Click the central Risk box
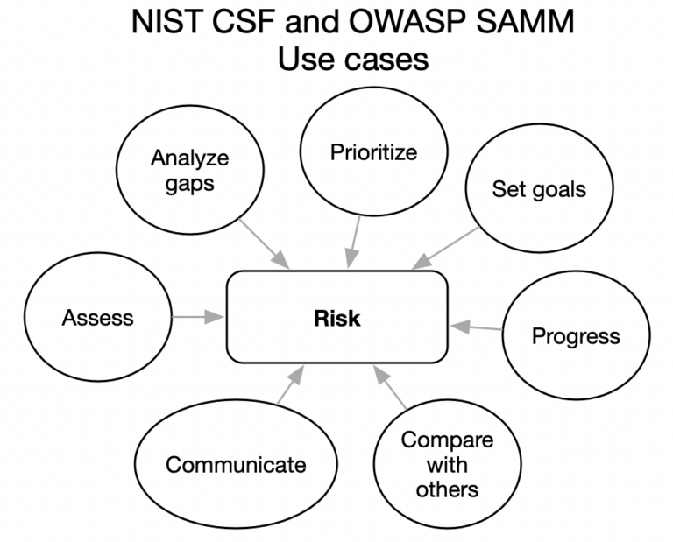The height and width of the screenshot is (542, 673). pyautogui.click(x=337, y=317)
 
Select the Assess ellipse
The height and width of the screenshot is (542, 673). pyautogui.click(x=98, y=317)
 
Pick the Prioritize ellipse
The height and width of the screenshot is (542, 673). pyautogui.click(x=373, y=152)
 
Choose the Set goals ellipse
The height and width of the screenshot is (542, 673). pyautogui.click(x=538, y=189)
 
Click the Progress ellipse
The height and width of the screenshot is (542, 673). pyautogui.click(x=576, y=336)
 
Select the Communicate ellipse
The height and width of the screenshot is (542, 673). pyautogui.click(x=237, y=464)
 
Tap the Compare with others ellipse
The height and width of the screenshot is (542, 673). pyautogui.click(x=447, y=464)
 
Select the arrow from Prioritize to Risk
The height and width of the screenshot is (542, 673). pyautogui.click(x=355, y=241)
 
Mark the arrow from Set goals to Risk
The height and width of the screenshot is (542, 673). pyautogui.click(x=447, y=246)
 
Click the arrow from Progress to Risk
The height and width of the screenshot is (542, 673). pyautogui.click(x=477, y=327)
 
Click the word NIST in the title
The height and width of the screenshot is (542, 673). pyautogui.click(x=165, y=22)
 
